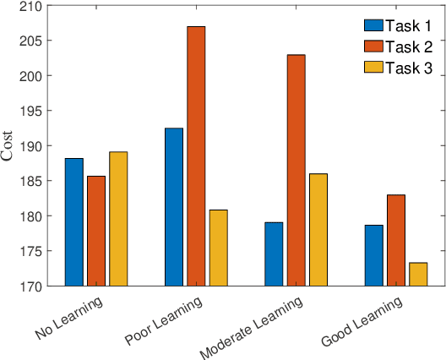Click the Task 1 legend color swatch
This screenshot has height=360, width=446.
[373, 25]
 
